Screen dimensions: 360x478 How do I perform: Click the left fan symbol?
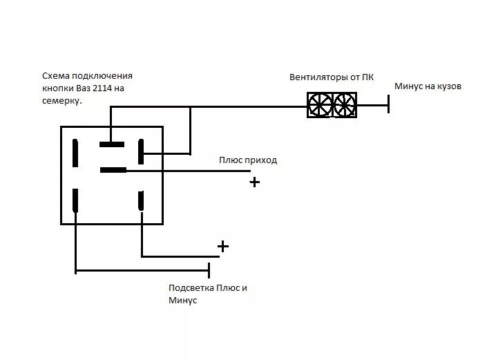click(x=320, y=105)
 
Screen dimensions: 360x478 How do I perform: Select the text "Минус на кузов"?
click(x=428, y=87)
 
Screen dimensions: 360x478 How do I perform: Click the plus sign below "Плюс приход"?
click(x=255, y=182)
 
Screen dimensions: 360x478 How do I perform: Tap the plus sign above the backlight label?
click(x=222, y=247)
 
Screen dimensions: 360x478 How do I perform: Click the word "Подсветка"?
click(x=191, y=288)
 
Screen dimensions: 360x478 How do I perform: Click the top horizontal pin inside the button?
click(x=112, y=145)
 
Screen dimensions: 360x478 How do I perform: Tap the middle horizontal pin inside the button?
click(x=113, y=169)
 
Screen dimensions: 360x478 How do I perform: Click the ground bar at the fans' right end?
click(x=388, y=105)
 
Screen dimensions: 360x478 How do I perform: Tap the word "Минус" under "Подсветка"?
click(x=183, y=301)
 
